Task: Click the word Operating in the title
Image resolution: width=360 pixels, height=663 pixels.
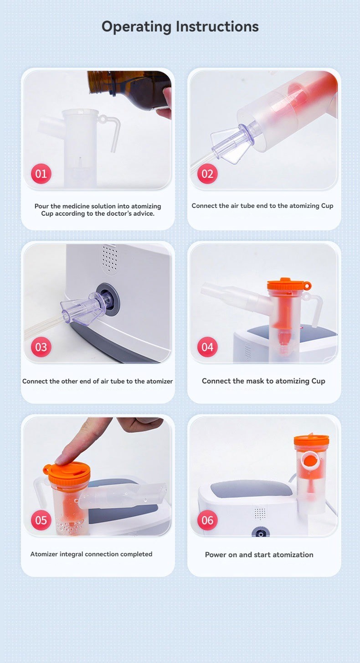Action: click(136, 26)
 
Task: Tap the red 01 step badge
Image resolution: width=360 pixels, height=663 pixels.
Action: click(41, 174)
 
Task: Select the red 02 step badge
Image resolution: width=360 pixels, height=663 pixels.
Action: click(207, 174)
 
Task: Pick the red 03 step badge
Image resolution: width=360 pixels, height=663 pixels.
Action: click(41, 347)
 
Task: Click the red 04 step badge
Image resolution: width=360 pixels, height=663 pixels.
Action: click(207, 347)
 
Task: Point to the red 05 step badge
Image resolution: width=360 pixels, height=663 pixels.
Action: click(41, 520)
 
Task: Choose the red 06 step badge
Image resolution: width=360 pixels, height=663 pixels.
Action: click(207, 520)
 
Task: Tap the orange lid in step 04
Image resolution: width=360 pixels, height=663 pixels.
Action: click(289, 285)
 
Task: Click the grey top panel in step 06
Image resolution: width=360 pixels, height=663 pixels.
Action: click(252, 489)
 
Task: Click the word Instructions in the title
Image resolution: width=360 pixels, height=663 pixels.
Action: click(217, 26)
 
